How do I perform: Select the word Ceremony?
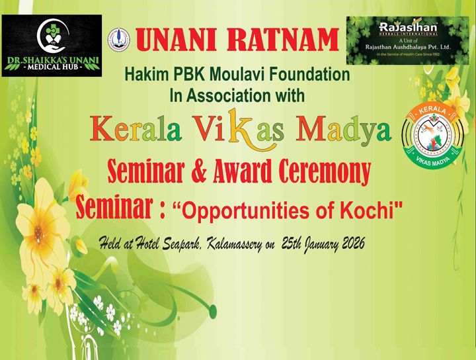tap(322, 173)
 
